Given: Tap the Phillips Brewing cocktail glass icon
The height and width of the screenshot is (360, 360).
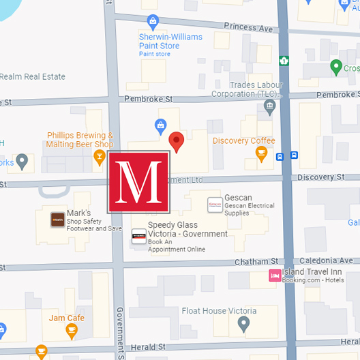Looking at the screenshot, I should tap(100, 158).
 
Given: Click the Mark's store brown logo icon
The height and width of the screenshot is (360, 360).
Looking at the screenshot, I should tap(57, 219).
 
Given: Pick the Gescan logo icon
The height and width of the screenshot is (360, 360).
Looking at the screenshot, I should tap(215, 203).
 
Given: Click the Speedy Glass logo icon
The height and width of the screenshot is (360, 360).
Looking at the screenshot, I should tap(138, 236).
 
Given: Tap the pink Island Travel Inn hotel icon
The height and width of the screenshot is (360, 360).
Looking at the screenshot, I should tap(274, 275).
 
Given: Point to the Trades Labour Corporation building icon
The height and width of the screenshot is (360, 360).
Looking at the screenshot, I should tap(270, 106).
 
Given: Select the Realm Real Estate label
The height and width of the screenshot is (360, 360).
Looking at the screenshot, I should tap(33, 77).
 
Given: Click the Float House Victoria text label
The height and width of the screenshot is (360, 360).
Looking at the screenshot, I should tap(219, 311).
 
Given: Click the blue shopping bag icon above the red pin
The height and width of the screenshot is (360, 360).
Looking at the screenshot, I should tap(161, 125).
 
